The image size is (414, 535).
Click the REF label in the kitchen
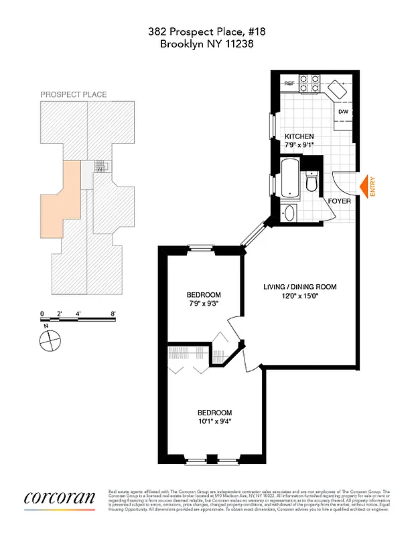tap(290, 84)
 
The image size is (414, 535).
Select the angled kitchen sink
tap(338, 89)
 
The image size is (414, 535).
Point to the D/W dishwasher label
tap(343, 112)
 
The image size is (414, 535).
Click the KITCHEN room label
tap(299, 136)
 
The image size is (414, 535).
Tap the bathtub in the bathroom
tap(289, 178)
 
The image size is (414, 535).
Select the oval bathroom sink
tap(289, 214)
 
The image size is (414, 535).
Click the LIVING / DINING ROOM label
tap(299, 287)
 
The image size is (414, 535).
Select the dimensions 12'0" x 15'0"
tap(299, 297)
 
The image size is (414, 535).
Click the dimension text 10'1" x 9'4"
tap(214, 421)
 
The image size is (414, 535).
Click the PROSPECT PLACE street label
tap(74, 95)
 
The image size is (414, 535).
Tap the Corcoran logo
tap(60, 498)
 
